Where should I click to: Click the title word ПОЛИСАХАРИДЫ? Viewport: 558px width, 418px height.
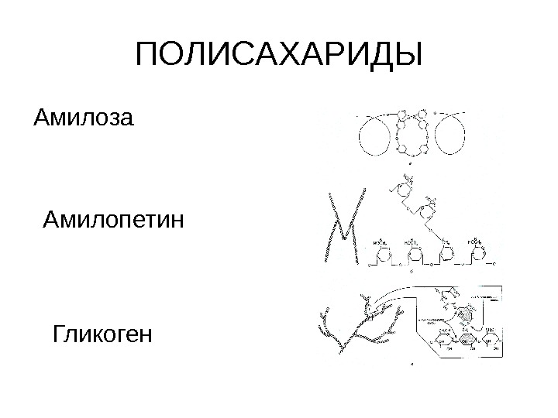(x=279, y=55)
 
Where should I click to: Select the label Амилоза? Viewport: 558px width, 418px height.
(x=84, y=119)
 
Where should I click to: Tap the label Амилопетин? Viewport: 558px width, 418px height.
(x=113, y=224)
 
